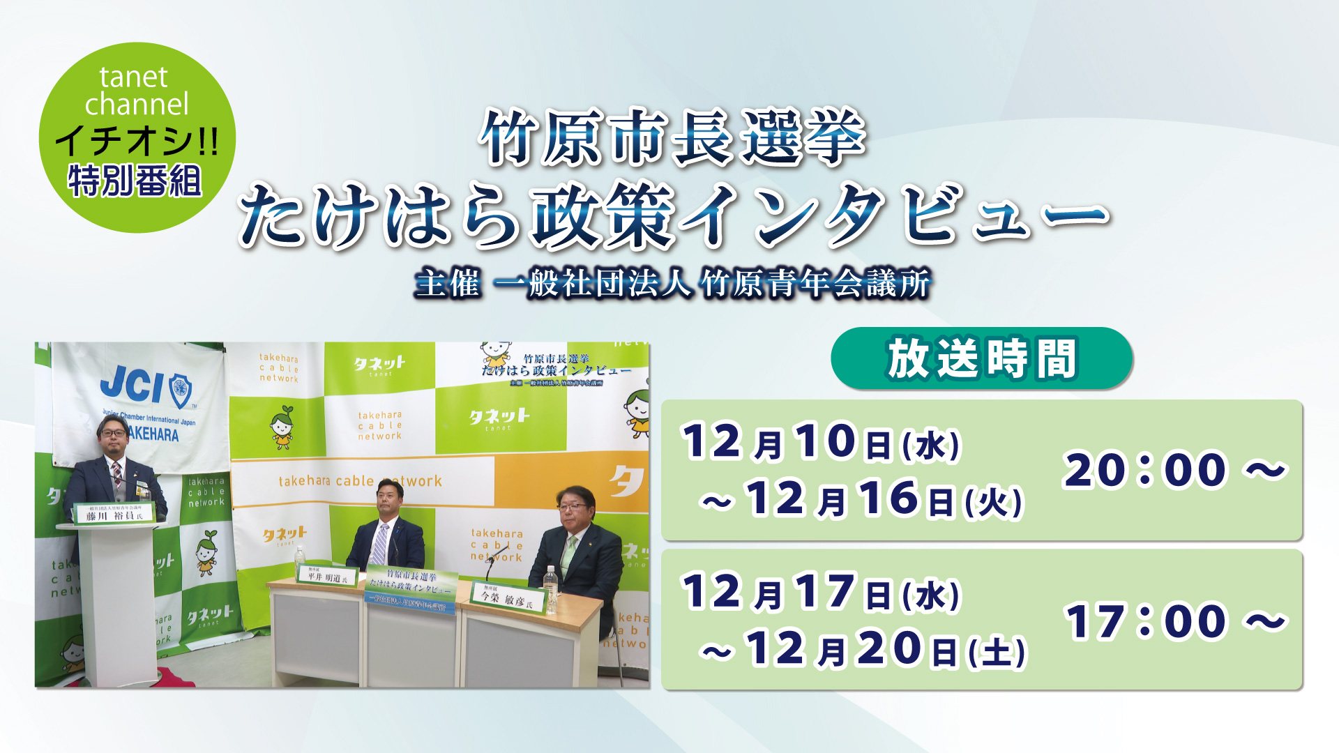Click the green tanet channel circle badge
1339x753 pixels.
pos(137,137)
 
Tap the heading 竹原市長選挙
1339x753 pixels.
pos(672,137)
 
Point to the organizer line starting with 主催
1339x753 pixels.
pos(672,284)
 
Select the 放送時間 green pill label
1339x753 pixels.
pos(981,358)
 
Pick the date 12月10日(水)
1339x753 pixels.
pos(821,442)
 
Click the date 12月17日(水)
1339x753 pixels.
pos(821,593)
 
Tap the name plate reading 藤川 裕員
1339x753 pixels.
pos(114,515)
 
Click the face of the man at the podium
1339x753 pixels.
pos(113,441)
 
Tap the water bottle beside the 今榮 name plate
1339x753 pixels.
pos(550,589)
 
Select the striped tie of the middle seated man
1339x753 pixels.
pos(379,544)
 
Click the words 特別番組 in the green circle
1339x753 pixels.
pos(135,182)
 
